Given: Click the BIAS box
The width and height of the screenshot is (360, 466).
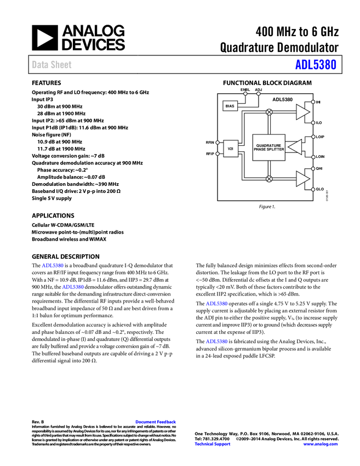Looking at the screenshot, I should coord(230,106).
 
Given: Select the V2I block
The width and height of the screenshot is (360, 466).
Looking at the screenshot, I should coord(231,149).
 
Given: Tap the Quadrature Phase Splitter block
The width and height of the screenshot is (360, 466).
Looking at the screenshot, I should coord(268,147).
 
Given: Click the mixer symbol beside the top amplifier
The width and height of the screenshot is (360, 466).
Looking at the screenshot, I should coord(269,112).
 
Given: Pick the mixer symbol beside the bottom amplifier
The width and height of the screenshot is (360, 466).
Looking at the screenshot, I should coord(269,179).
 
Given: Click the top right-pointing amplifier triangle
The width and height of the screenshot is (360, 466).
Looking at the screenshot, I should coord(302,112).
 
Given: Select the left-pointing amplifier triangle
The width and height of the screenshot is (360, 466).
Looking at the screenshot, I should coord(295,147).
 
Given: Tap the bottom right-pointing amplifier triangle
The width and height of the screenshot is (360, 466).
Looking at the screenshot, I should coord(302,179).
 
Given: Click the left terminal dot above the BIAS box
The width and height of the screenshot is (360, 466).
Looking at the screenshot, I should coord(245,94).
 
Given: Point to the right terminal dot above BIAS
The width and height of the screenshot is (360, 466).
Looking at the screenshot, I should coord(259,94).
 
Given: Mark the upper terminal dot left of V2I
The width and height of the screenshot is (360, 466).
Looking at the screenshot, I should coord(218,143).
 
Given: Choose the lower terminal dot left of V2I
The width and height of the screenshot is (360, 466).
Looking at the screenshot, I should coord(218,154).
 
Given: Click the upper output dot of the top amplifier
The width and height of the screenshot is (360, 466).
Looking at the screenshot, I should coord(313,101).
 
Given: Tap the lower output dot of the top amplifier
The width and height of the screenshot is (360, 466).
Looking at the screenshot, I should coord(313,123).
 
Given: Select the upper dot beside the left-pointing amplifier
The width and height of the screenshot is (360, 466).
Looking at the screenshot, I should coord(313,137).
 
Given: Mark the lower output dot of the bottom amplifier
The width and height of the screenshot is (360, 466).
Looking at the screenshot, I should coord(313,190).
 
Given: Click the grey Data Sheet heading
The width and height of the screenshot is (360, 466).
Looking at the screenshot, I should coord(52,65).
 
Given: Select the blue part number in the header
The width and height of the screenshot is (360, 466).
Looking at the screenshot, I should coord(316,65).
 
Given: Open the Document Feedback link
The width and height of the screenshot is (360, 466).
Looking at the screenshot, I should coord(156,422).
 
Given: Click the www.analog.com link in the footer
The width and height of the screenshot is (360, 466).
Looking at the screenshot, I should coord(321,444).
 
